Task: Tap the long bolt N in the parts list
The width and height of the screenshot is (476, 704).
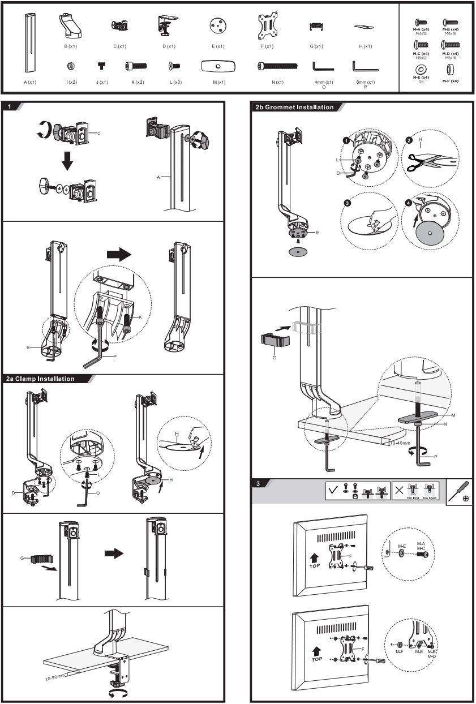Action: (x=277, y=66)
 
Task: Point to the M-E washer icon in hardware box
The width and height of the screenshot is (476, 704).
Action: (x=421, y=69)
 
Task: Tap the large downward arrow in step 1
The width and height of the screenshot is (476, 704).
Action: (x=67, y=161)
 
